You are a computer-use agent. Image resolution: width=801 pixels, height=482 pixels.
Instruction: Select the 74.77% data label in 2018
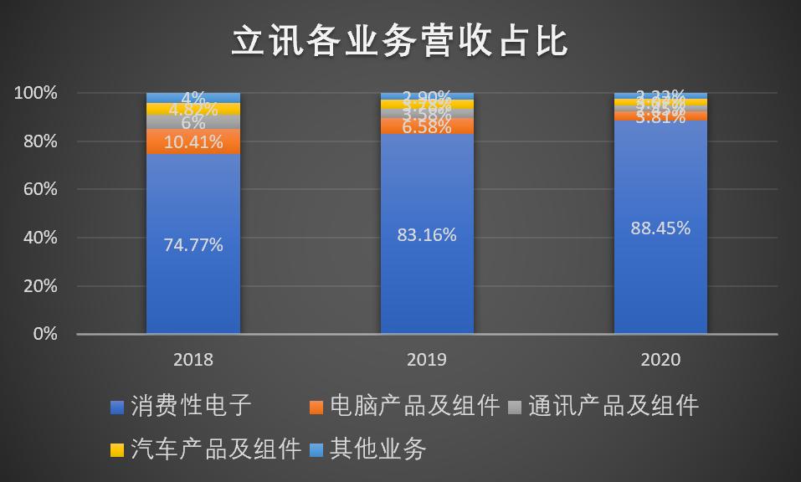click(x=193, y=245)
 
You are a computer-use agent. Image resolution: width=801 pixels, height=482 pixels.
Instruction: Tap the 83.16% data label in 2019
click(x=427, y=235)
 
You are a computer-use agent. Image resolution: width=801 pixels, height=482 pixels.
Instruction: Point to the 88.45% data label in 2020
click(x=661, y=228)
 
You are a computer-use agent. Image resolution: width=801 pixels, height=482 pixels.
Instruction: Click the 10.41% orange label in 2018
click(x=193, y=142)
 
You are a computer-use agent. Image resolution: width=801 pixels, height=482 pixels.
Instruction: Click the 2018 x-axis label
click(x=193, y=360)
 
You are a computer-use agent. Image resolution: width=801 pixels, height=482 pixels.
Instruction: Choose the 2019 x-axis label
click(x=427, y=360)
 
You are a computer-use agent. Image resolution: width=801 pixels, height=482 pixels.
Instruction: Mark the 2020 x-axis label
click(x=661, y=360)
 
